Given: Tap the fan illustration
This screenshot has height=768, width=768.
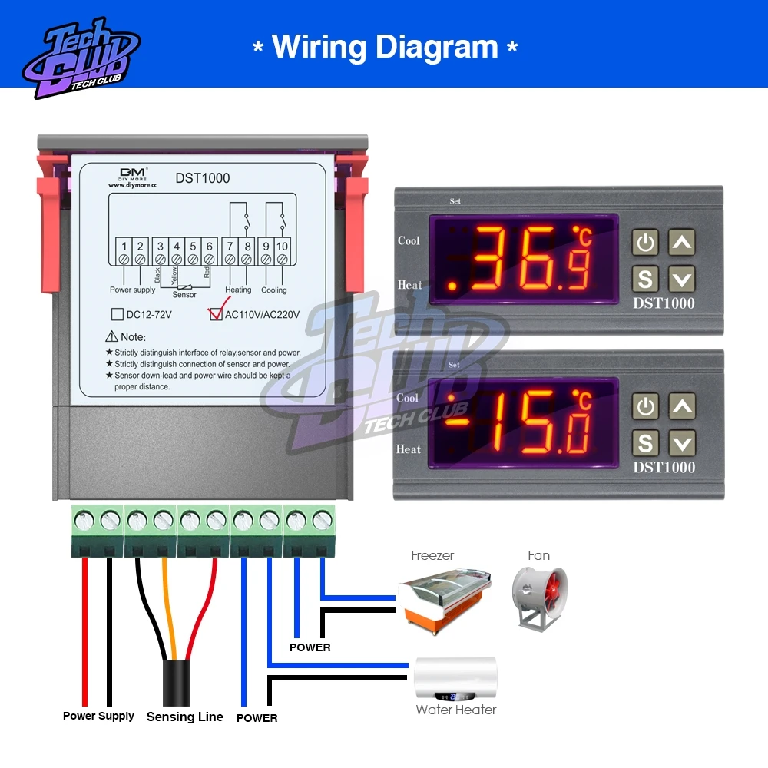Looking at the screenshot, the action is point(539,598).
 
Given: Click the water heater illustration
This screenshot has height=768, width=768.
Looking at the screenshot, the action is point(455,677).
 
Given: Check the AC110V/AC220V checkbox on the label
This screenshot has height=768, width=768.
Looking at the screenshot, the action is point(216,313).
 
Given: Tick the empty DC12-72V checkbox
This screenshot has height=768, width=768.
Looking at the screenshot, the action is point(118,313).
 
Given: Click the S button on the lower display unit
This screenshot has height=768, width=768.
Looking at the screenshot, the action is point(645,442).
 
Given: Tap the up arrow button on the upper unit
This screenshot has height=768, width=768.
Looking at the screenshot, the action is point(681,243).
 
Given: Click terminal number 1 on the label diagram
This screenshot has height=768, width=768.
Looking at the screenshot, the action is point(124,246).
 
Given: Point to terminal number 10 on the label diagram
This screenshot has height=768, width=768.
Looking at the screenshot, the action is point(282,246).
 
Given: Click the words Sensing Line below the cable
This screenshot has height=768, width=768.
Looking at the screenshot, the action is point(184,717).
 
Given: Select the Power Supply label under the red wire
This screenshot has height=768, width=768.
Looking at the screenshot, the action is point(98,716).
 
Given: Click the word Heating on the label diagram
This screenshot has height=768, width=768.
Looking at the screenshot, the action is point(238,290).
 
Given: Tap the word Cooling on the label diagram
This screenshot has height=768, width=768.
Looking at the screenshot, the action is point(274,290).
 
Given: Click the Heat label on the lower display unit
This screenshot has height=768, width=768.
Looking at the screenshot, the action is point(409,449).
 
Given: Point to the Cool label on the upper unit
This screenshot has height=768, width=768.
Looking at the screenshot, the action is point(409,240).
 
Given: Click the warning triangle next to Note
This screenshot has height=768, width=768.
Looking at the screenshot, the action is point(111,336).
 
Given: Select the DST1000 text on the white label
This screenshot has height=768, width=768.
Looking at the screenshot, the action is point(203,178).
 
